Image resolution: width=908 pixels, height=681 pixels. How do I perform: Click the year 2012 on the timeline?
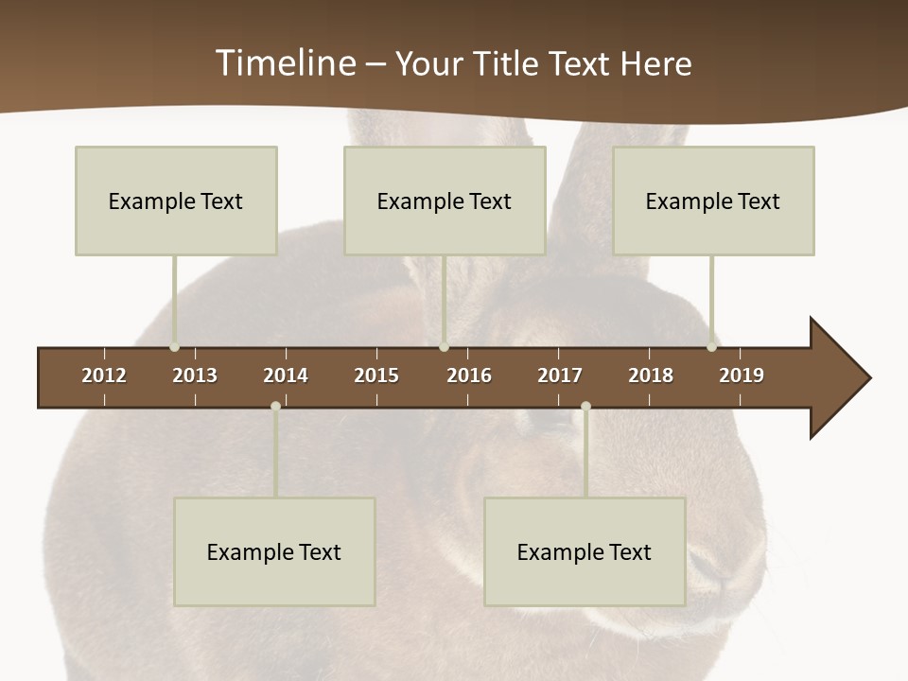pyautogui.click(x=104, y=375)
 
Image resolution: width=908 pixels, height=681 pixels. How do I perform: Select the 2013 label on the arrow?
pyautogui.click(x=195, y=375)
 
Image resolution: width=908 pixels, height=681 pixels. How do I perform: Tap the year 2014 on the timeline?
pyautogui.click(x=286, y=375)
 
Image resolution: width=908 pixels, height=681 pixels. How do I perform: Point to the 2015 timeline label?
pyautogui.click(x=376, y=375)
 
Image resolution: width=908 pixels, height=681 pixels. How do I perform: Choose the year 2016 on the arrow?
pyautogui.click(x=469, y=375)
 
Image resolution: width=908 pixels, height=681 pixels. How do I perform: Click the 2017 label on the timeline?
pyautogui.click(x=560, y=375)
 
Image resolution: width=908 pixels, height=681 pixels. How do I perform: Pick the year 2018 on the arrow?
pyautogui.click(x=651, y=375)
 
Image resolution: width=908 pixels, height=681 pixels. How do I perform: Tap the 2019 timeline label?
pyautogui.click(x=742, y=375)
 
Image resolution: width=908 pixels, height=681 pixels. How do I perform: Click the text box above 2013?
pyautogui.click(x=176, y=201)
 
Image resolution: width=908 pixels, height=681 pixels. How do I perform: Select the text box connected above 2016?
pyautogui.click(x=445, y=201)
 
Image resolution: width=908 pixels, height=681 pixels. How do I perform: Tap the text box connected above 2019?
pyautogui.click(x=713, y=201)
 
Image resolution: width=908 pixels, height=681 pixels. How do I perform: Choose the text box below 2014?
pyautogui.click(x=274, y=551)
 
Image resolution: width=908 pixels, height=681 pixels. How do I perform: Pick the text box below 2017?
pyautogui.click(x=585, y=551)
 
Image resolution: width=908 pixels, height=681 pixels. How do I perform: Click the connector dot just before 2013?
pyautogui.click(x=174, y=347)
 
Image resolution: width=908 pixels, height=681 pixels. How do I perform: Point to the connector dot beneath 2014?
pyautogui.click(x=275, y=406)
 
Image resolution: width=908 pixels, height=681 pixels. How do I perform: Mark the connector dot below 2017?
pyautogui.click(x=585, y=406)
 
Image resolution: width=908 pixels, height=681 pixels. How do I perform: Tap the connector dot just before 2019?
pyautogui.click(x=711, y=347)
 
